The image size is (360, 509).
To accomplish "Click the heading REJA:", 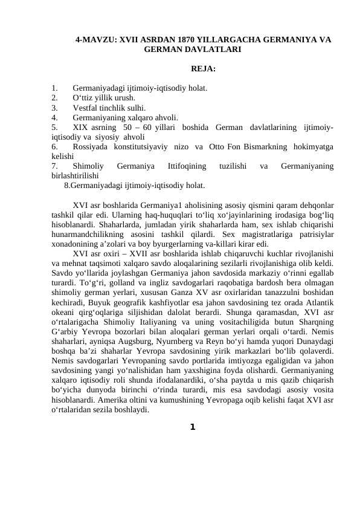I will pyautogui.click(x=203, y=70).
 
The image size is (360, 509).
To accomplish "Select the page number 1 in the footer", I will pyautogui.click(x=192, y=427).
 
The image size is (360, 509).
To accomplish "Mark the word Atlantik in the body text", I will pyautogui.click(x=320, y=302).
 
